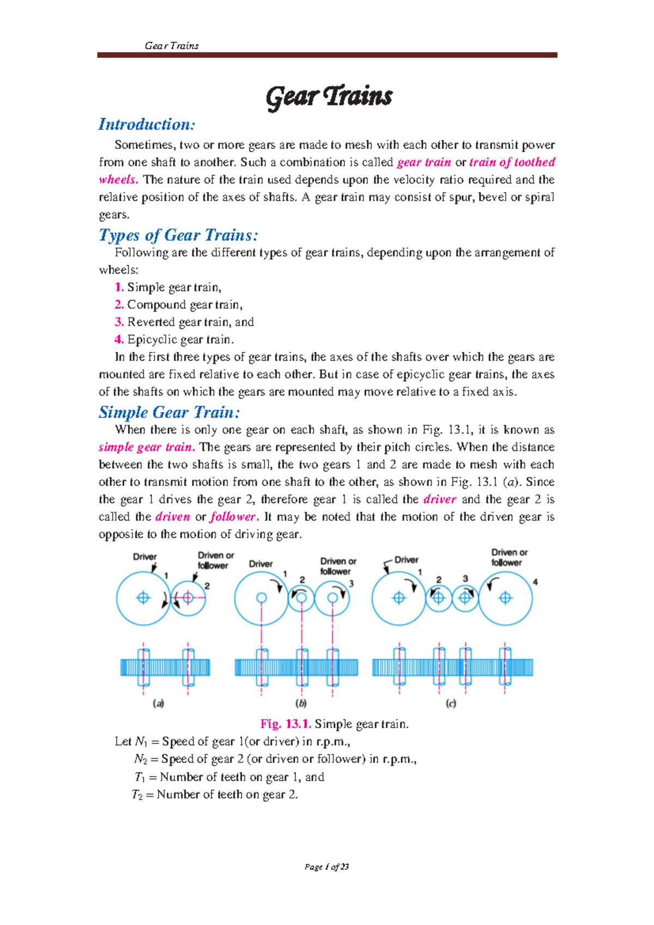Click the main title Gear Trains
coord(329,97)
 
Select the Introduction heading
coord(146,124)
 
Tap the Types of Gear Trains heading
coord(178,235)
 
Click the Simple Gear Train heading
coord(169,412)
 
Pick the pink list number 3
coord(119,322)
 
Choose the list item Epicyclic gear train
coord(180,340)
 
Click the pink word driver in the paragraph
coord(439,500)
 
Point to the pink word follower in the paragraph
coord(233,517)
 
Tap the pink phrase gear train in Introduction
coord(424,163)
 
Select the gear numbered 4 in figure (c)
coord(506,598)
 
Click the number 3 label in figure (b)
coord(352,584)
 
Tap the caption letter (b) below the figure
coord(301,704)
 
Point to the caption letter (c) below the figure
coord(451,704)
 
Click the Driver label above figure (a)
coord(145,557)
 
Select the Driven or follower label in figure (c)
coord(509,557)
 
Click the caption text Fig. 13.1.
coord(286,724)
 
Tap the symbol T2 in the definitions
coord(138,795)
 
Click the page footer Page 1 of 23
coord(327,867)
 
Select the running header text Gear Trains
coord(172,46)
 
